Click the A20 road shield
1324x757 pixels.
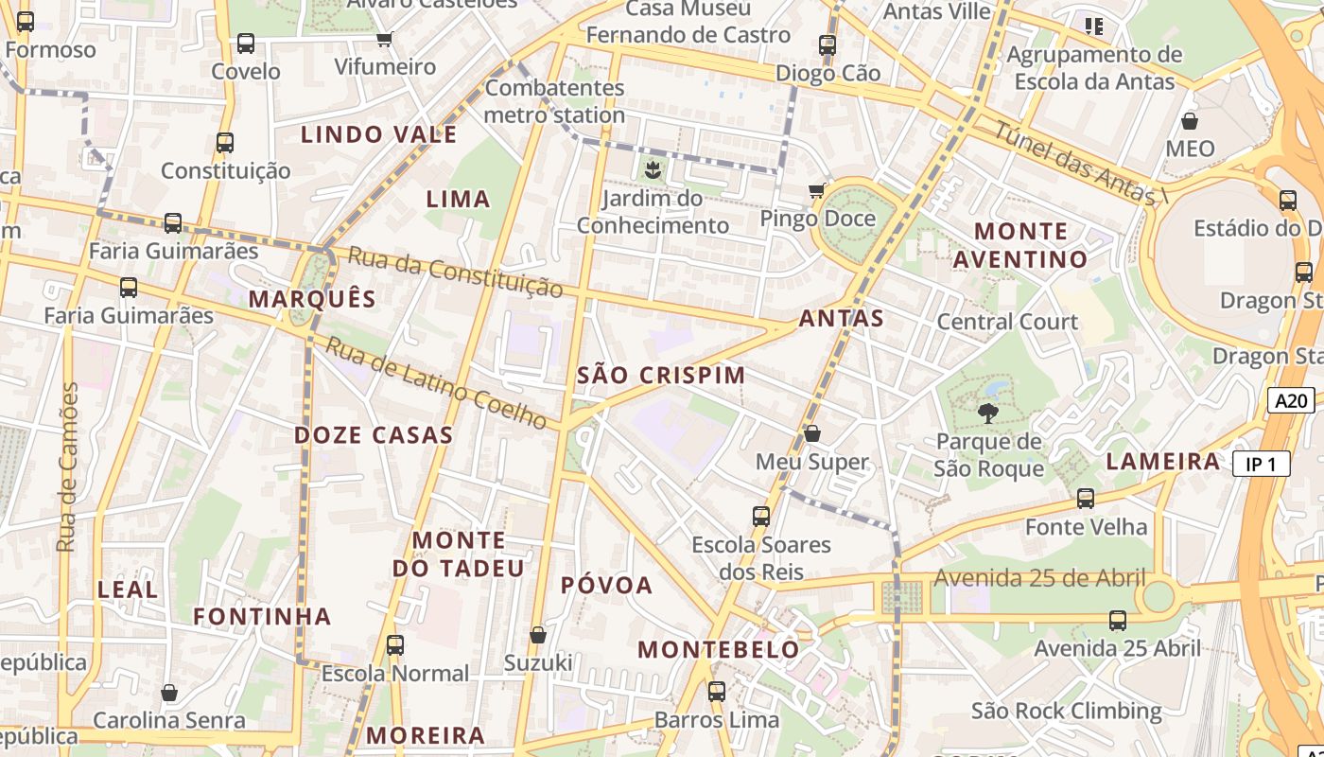(x=1291, y=400)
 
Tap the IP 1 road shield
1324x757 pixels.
(x=1262, y=464)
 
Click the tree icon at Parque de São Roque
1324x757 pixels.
(x=988, y=413)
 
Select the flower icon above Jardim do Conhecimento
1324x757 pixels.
(x=653, y=171)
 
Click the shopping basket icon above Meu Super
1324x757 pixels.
(x=811, y=433)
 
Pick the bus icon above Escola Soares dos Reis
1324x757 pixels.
(x=761, y=516)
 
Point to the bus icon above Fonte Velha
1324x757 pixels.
(x=1086, y=498)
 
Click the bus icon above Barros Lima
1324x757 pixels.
(x=717, y=691)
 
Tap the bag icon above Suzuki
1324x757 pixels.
(x=538, y=634)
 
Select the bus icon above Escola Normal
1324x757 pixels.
(x=394, y=645)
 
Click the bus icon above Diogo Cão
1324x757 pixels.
(x=827, y=44)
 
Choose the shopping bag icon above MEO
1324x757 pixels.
(x=1190, y=121)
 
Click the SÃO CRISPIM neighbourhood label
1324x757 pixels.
(x=661, y=375)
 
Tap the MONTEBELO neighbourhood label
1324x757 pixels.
(x=719, y=649)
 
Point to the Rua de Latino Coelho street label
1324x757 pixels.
(x=437, y=382)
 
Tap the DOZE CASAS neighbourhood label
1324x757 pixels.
(x=374, y=435)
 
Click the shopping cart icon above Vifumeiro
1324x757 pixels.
(x=384, y=39)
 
